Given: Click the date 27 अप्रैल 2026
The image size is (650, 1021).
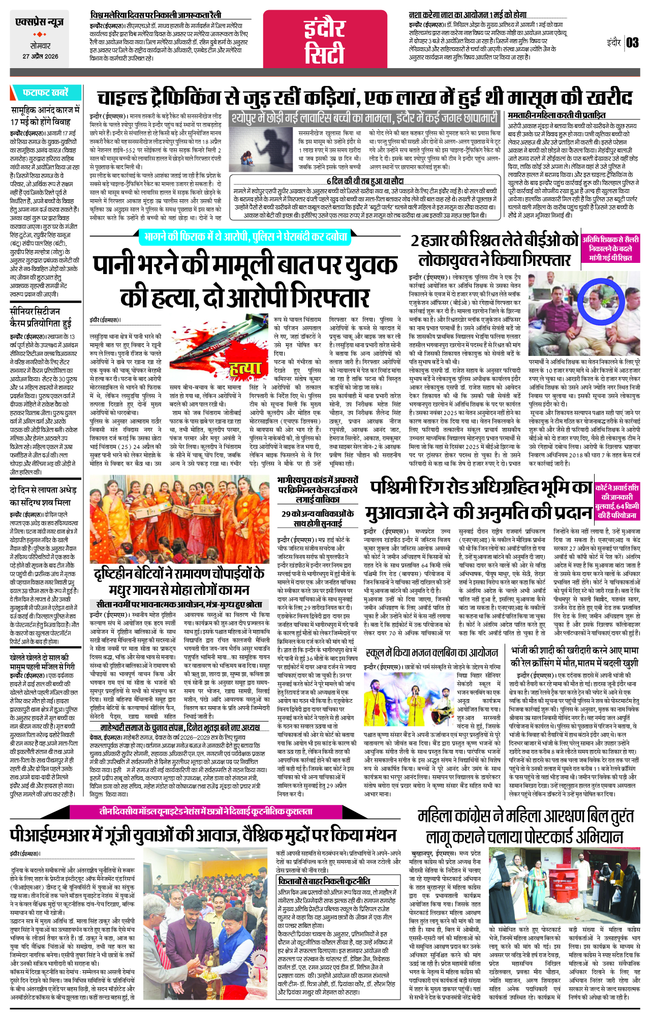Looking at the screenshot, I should click(x=40, y=56).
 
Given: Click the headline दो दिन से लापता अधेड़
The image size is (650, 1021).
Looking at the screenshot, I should click(x=41, y=495).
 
